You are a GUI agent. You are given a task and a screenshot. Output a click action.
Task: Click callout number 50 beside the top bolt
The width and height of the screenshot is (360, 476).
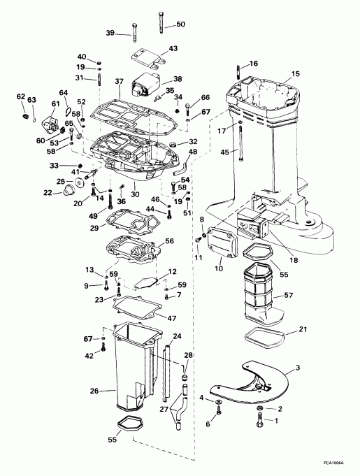[x=181, y=24]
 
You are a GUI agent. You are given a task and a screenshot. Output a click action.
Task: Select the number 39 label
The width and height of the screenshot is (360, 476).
[x=110, y=33]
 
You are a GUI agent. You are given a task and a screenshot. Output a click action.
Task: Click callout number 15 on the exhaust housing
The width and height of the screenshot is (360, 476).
[x=295, y=73]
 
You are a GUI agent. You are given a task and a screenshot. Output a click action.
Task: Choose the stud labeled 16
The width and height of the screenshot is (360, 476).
[x=240, y=71]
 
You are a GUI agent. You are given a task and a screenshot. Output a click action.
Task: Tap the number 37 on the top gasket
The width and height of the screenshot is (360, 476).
[x=120, y=82]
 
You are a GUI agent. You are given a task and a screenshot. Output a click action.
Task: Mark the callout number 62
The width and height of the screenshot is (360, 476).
[x=20, y=96]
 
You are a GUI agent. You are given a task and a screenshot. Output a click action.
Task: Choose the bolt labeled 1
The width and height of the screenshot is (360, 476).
[x=261, y=421]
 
